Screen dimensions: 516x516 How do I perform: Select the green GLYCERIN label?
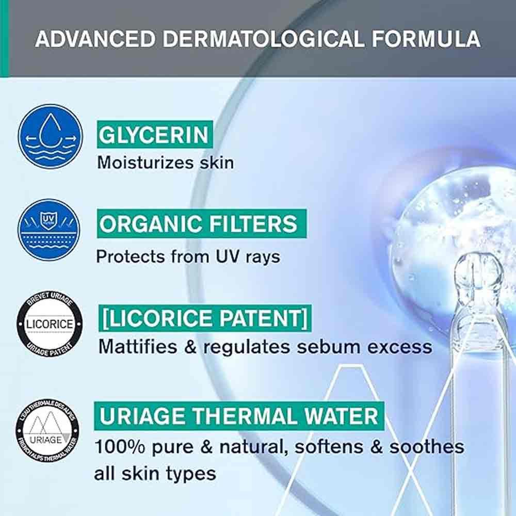coord(154,135)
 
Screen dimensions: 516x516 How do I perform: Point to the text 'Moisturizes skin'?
coord(166,163)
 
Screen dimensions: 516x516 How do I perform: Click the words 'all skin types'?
coord(155,474)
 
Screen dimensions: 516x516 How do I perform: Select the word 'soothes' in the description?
coord(427,447)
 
